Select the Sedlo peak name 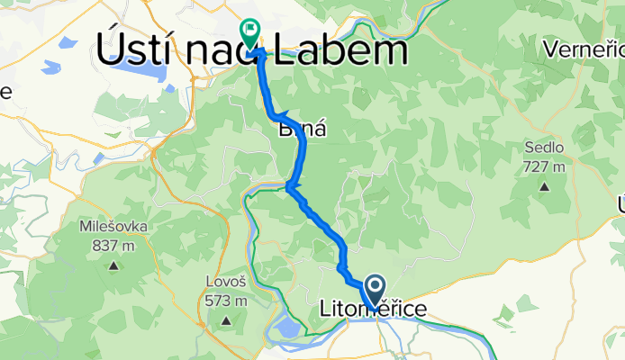[x=545, y=148]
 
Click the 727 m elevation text [x=545, y=166]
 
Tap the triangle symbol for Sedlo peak [x=545, y=186]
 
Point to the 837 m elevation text [x=114, y=246]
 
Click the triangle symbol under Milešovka [x=114, y=265]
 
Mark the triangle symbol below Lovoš [x=227, y=319]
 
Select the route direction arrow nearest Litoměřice [x=341, y=267]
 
